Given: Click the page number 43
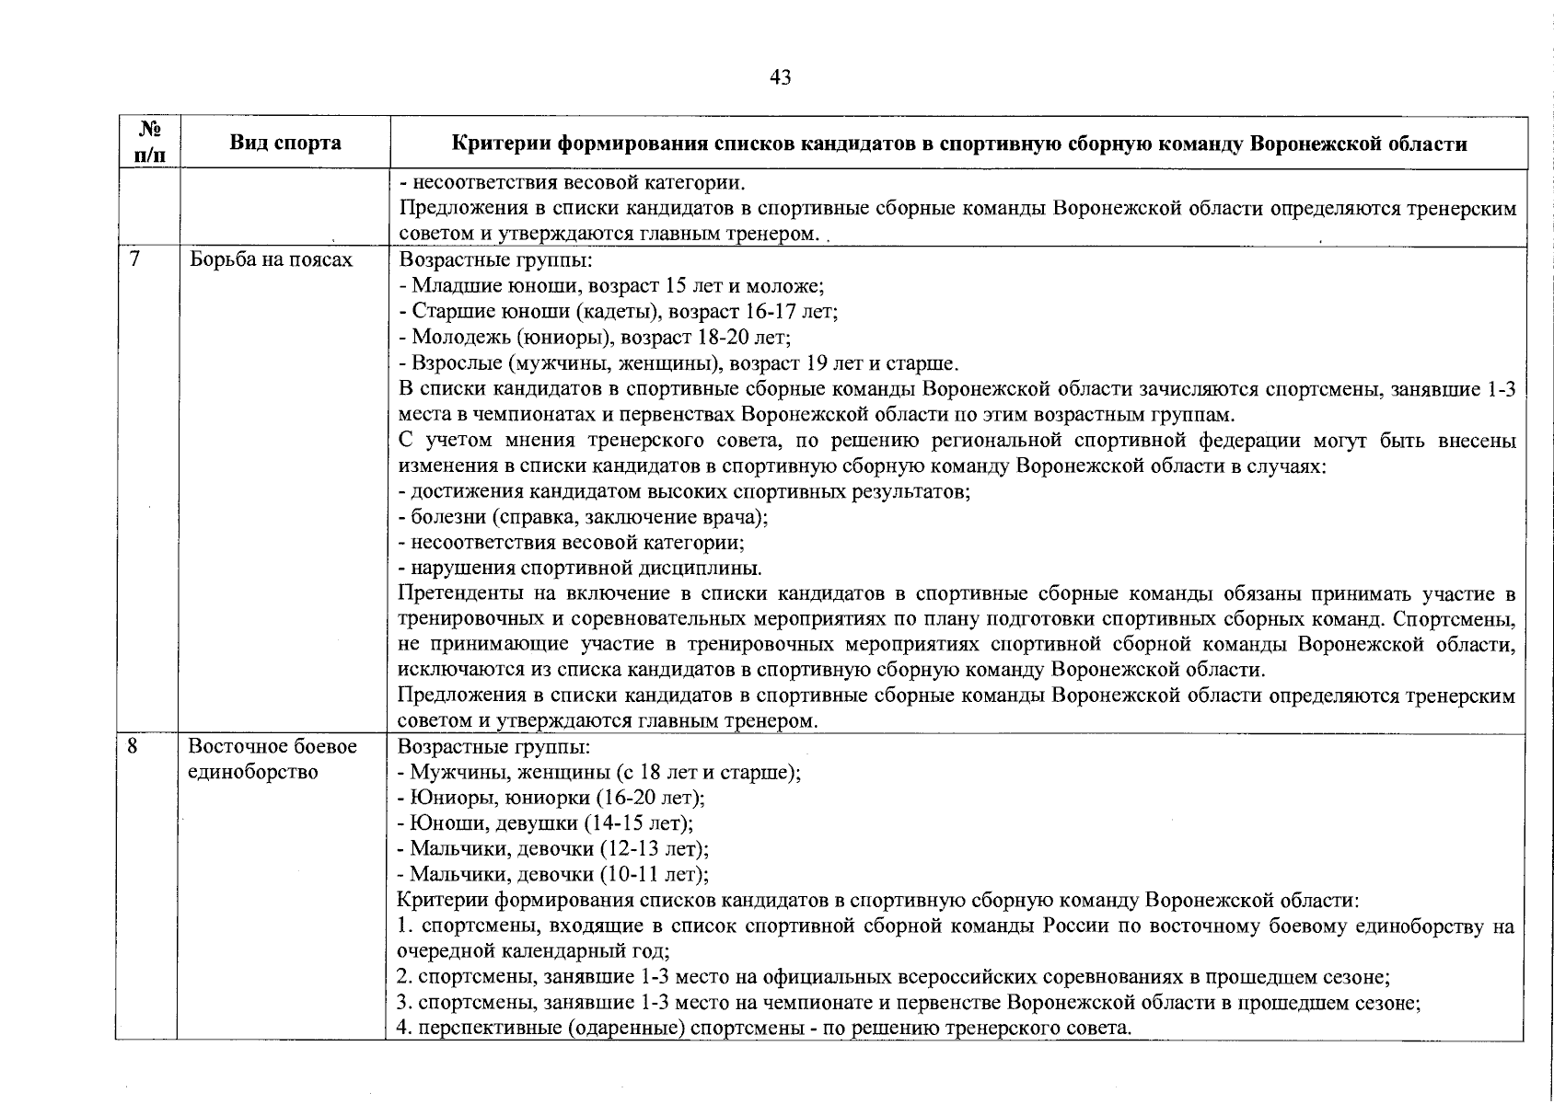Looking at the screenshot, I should [780, 78].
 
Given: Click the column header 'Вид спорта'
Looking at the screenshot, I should [284, 143].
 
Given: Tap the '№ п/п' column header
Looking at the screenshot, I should [148, 143].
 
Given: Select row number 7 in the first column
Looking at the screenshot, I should [135, 259].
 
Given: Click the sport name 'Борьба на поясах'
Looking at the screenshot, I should [271, 260].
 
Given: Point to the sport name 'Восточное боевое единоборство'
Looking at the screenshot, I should [273, 759].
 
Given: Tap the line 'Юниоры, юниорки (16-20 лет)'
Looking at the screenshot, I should [551, 797].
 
